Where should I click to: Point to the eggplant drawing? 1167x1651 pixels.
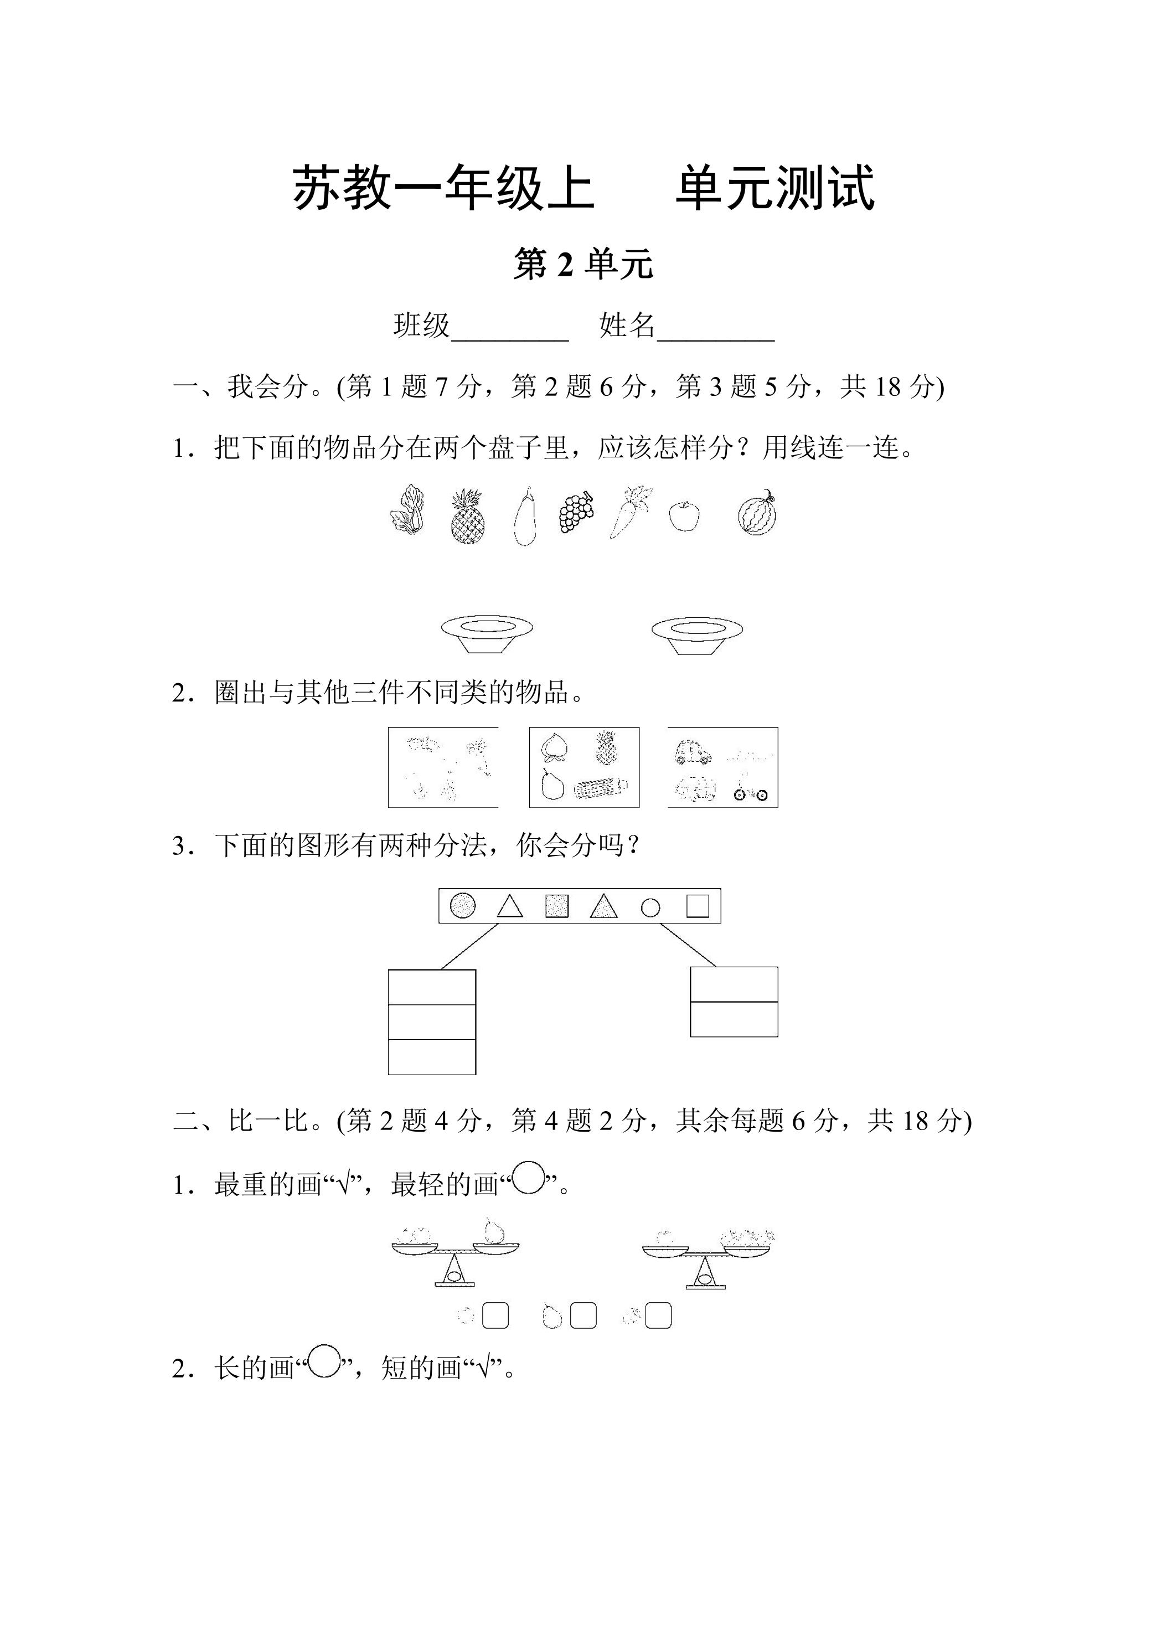click(x=525, y=517)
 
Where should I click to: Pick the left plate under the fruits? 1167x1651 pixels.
click(x=487, y=633)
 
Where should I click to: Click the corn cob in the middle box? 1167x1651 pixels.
click(x=602, y=790)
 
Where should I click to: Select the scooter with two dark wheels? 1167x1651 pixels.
click(x=751, y=788)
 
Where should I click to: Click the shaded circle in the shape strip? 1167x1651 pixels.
click(x=463, y=905)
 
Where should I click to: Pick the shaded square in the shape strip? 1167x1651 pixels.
click(x=557, y=906)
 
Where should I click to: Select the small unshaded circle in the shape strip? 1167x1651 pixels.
click(x=650, y=908)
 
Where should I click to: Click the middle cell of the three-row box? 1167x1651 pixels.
click(x=431, y=1022)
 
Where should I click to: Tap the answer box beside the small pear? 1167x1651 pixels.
click(x=583, y=1316)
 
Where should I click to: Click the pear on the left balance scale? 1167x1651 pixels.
click(x=493, y=1230)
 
